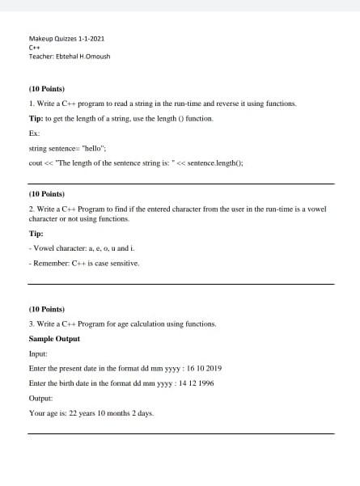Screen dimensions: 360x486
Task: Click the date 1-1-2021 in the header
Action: pyautogui.click(x=91, y=39)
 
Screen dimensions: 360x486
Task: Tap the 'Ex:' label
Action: pyautogui.click(x=34, y=133)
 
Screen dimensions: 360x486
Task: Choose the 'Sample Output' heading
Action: pyautogui.click(x=55, y=338)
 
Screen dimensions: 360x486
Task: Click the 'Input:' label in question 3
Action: pyautogui.click(x=38, y=353)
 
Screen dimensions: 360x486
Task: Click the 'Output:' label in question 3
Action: pyautogui.click(x=40, y=398)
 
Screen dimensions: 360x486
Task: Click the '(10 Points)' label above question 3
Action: pyautogui.click(x=47, y=308)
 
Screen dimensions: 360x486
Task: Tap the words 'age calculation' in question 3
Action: pyautogui.click(x=150, y=323)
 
